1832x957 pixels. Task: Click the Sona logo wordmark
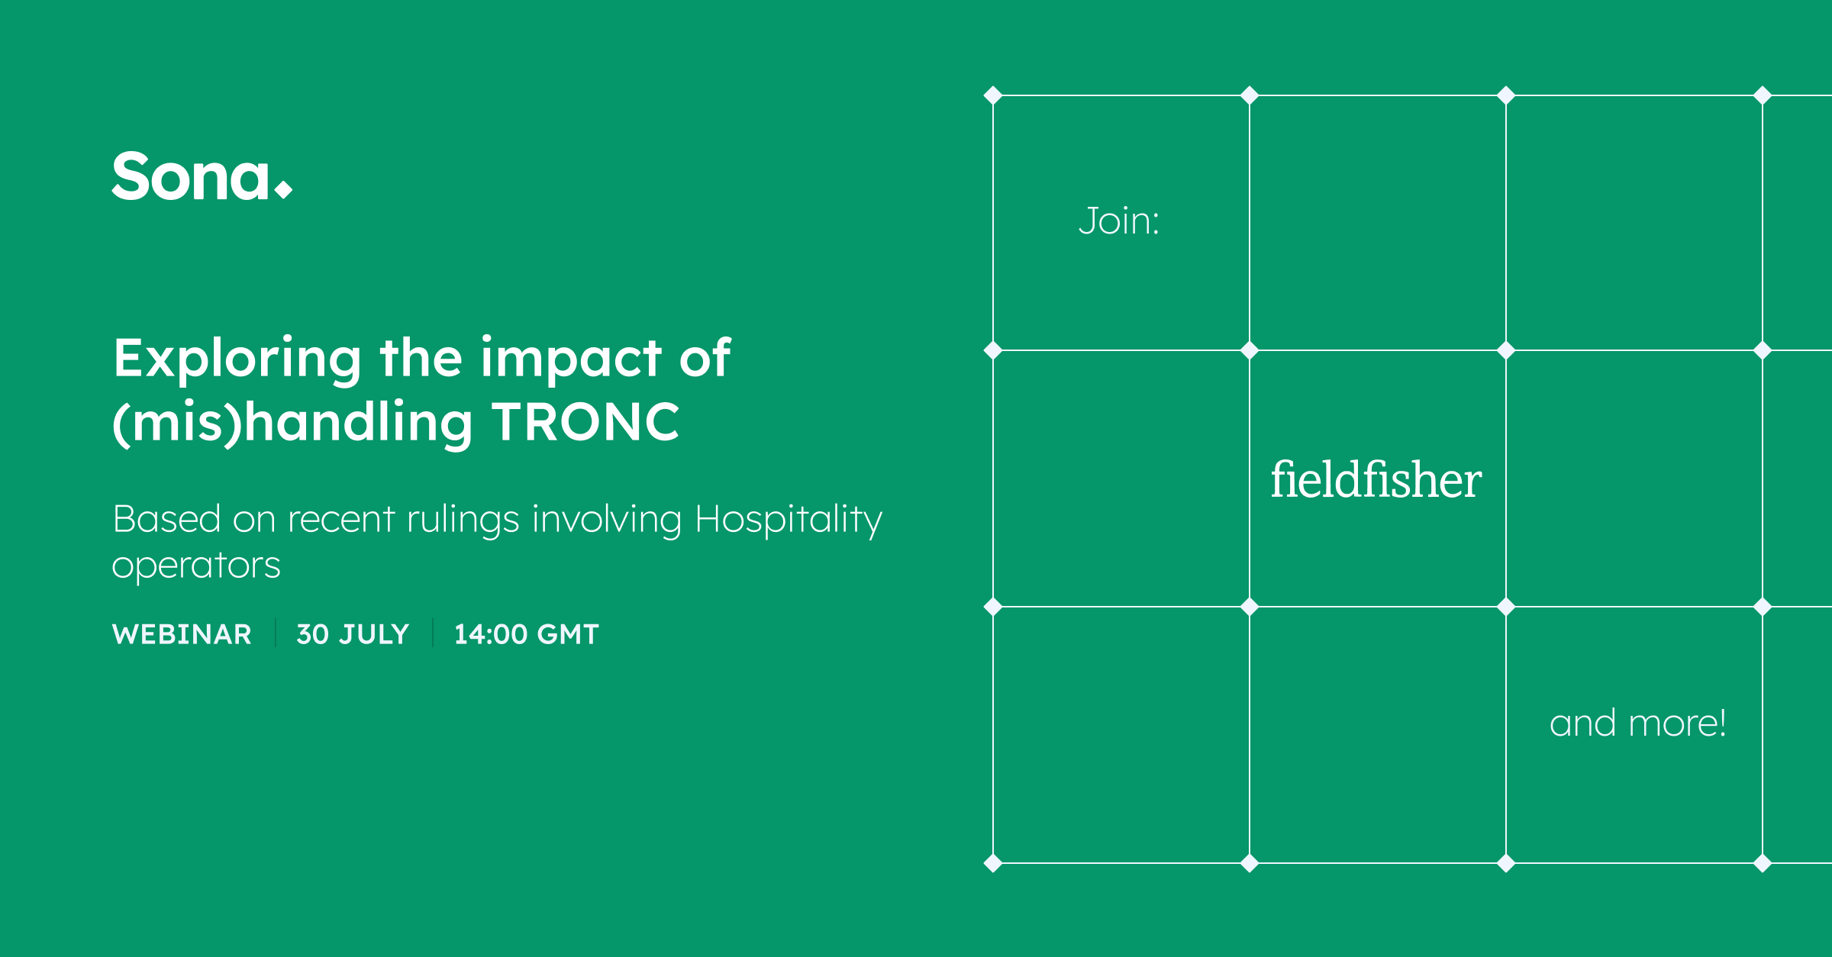click(202, 176)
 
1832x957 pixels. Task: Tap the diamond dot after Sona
click(283, 188)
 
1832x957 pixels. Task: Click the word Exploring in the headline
click(237, 359)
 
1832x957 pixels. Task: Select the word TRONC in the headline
click(585, 422)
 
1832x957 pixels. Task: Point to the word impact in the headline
click(571, 358)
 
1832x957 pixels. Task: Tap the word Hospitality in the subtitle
click(789, 520)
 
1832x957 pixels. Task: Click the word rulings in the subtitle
click(463, 520)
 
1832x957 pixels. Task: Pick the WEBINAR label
click(182, 634)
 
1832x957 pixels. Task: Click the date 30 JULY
click(353, 634)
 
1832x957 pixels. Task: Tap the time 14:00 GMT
click(527, 634)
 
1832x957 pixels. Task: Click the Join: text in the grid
click(1119, 221)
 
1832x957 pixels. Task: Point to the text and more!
click(1638, 723)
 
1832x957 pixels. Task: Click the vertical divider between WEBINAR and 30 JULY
click(276, 633)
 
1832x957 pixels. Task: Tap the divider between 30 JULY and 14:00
click(433, 633)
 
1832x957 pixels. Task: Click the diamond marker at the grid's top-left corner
click(993, 95)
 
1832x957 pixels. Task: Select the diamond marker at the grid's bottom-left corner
click(993, 863)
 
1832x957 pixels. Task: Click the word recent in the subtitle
click(341, 520)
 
